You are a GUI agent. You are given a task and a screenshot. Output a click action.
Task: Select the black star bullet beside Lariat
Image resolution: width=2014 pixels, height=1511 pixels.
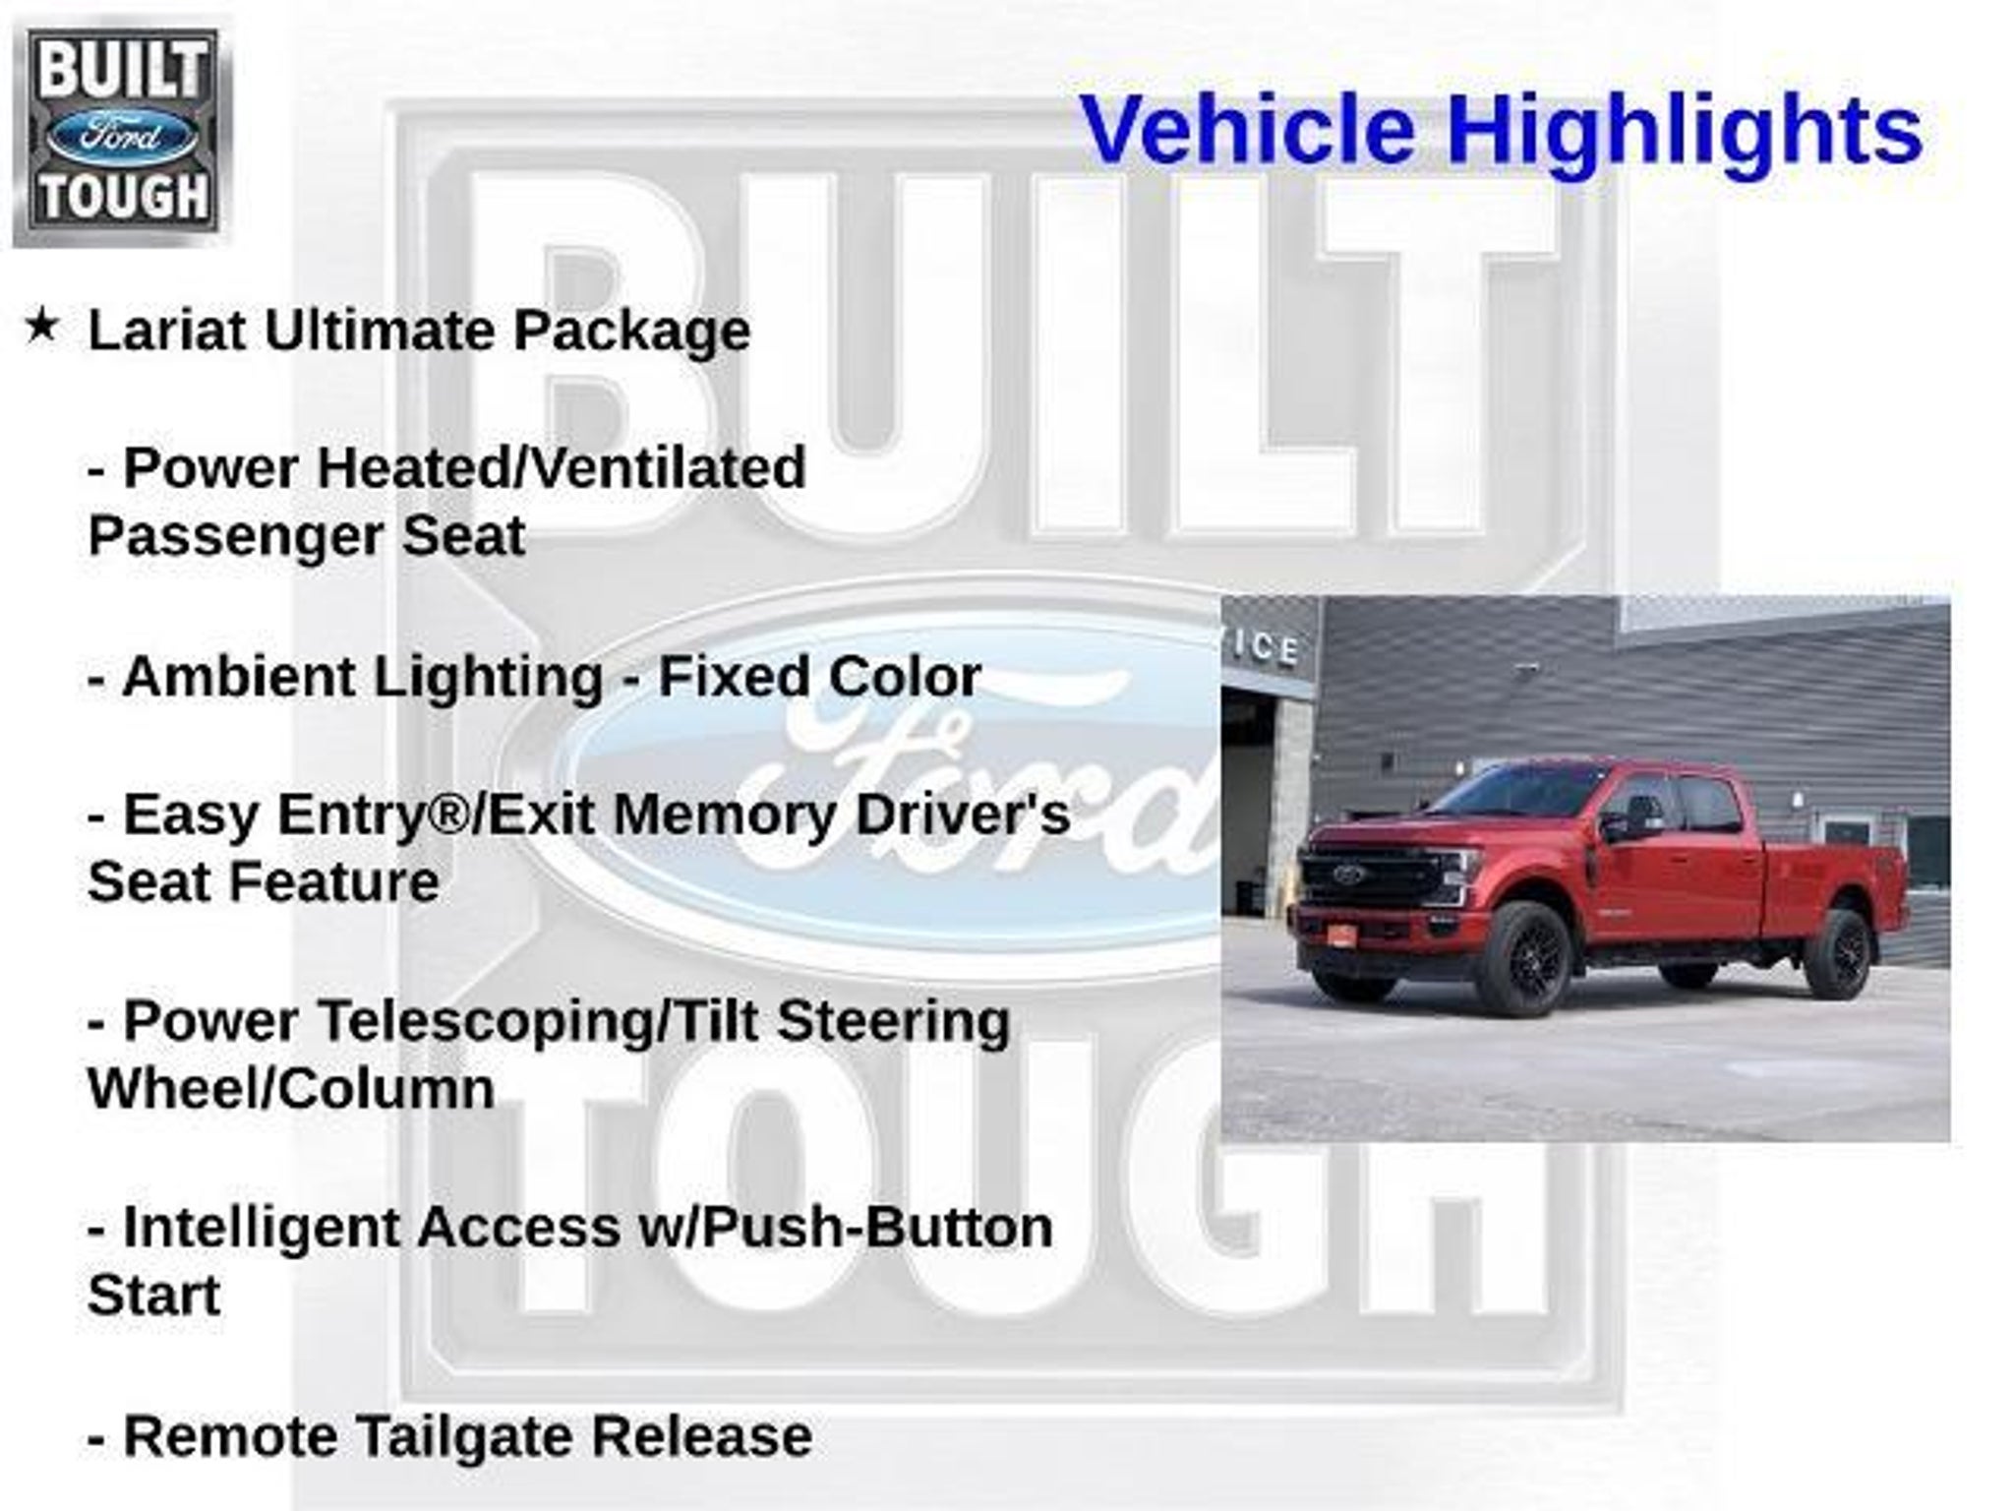(x=41, y=326)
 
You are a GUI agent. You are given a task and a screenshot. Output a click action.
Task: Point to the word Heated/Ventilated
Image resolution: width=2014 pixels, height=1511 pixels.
(x=562, y=467)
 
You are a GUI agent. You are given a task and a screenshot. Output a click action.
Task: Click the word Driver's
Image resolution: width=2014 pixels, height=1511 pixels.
(x=963, y=816)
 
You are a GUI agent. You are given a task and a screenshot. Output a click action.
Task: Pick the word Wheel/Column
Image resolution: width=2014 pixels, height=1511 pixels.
(x=291, y=1089)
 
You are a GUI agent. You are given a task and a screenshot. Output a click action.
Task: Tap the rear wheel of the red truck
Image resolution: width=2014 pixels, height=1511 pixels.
(x=1841, y=951)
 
